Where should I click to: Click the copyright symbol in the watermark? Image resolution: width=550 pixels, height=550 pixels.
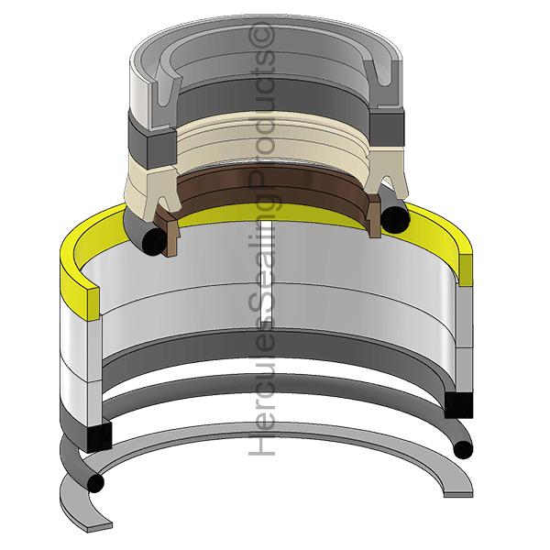(x=261, y=35)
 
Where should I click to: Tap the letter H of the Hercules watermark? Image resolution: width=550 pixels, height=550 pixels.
(x=261, y=444)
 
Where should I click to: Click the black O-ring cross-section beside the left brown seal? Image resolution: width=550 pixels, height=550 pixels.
(x=154, y=241)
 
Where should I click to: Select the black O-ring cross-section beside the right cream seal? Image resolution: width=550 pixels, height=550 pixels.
(x=396, y=220)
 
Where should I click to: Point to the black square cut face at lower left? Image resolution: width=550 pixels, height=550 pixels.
(x=100, y=436)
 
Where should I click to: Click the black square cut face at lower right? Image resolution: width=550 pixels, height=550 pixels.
(x=459, y=405)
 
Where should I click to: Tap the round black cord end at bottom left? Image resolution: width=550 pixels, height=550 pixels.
(x=95, y=483)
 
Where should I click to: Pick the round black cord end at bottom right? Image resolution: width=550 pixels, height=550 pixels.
(x=463, y=450)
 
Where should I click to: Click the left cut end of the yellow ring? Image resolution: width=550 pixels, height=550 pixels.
(x=93, y=303)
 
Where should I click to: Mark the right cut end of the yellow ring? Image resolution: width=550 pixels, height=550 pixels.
(x=465, y=270)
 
